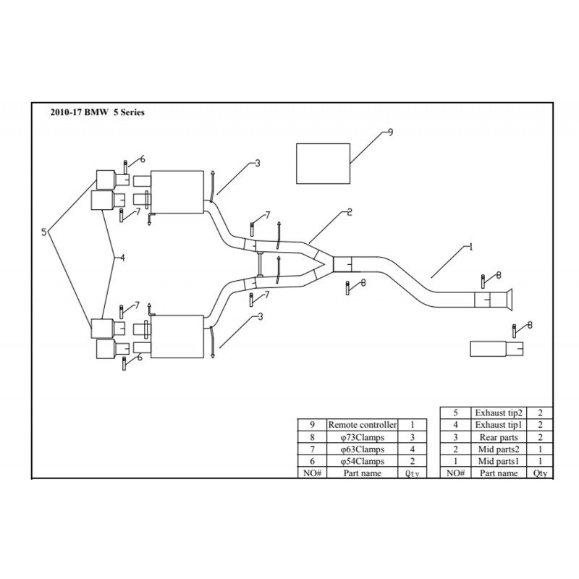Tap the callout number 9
click(391, 132)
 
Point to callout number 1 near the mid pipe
click(470, 247)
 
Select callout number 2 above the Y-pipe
click(349, 213)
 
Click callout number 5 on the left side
click(45, 232)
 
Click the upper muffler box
click(177, 192)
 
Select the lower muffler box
click(177, 335)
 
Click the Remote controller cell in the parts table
click(361, 426)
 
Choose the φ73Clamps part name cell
click(361, 437)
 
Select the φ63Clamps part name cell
click(361, 449)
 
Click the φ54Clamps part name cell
click(361, 461)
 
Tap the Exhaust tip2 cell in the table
click(499, 413)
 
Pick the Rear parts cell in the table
click(499, 437)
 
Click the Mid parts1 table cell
click(499, 461)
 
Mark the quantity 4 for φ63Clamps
click(411, 449)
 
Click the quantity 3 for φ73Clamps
click(411, 437)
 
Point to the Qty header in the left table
click(411, 473)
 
